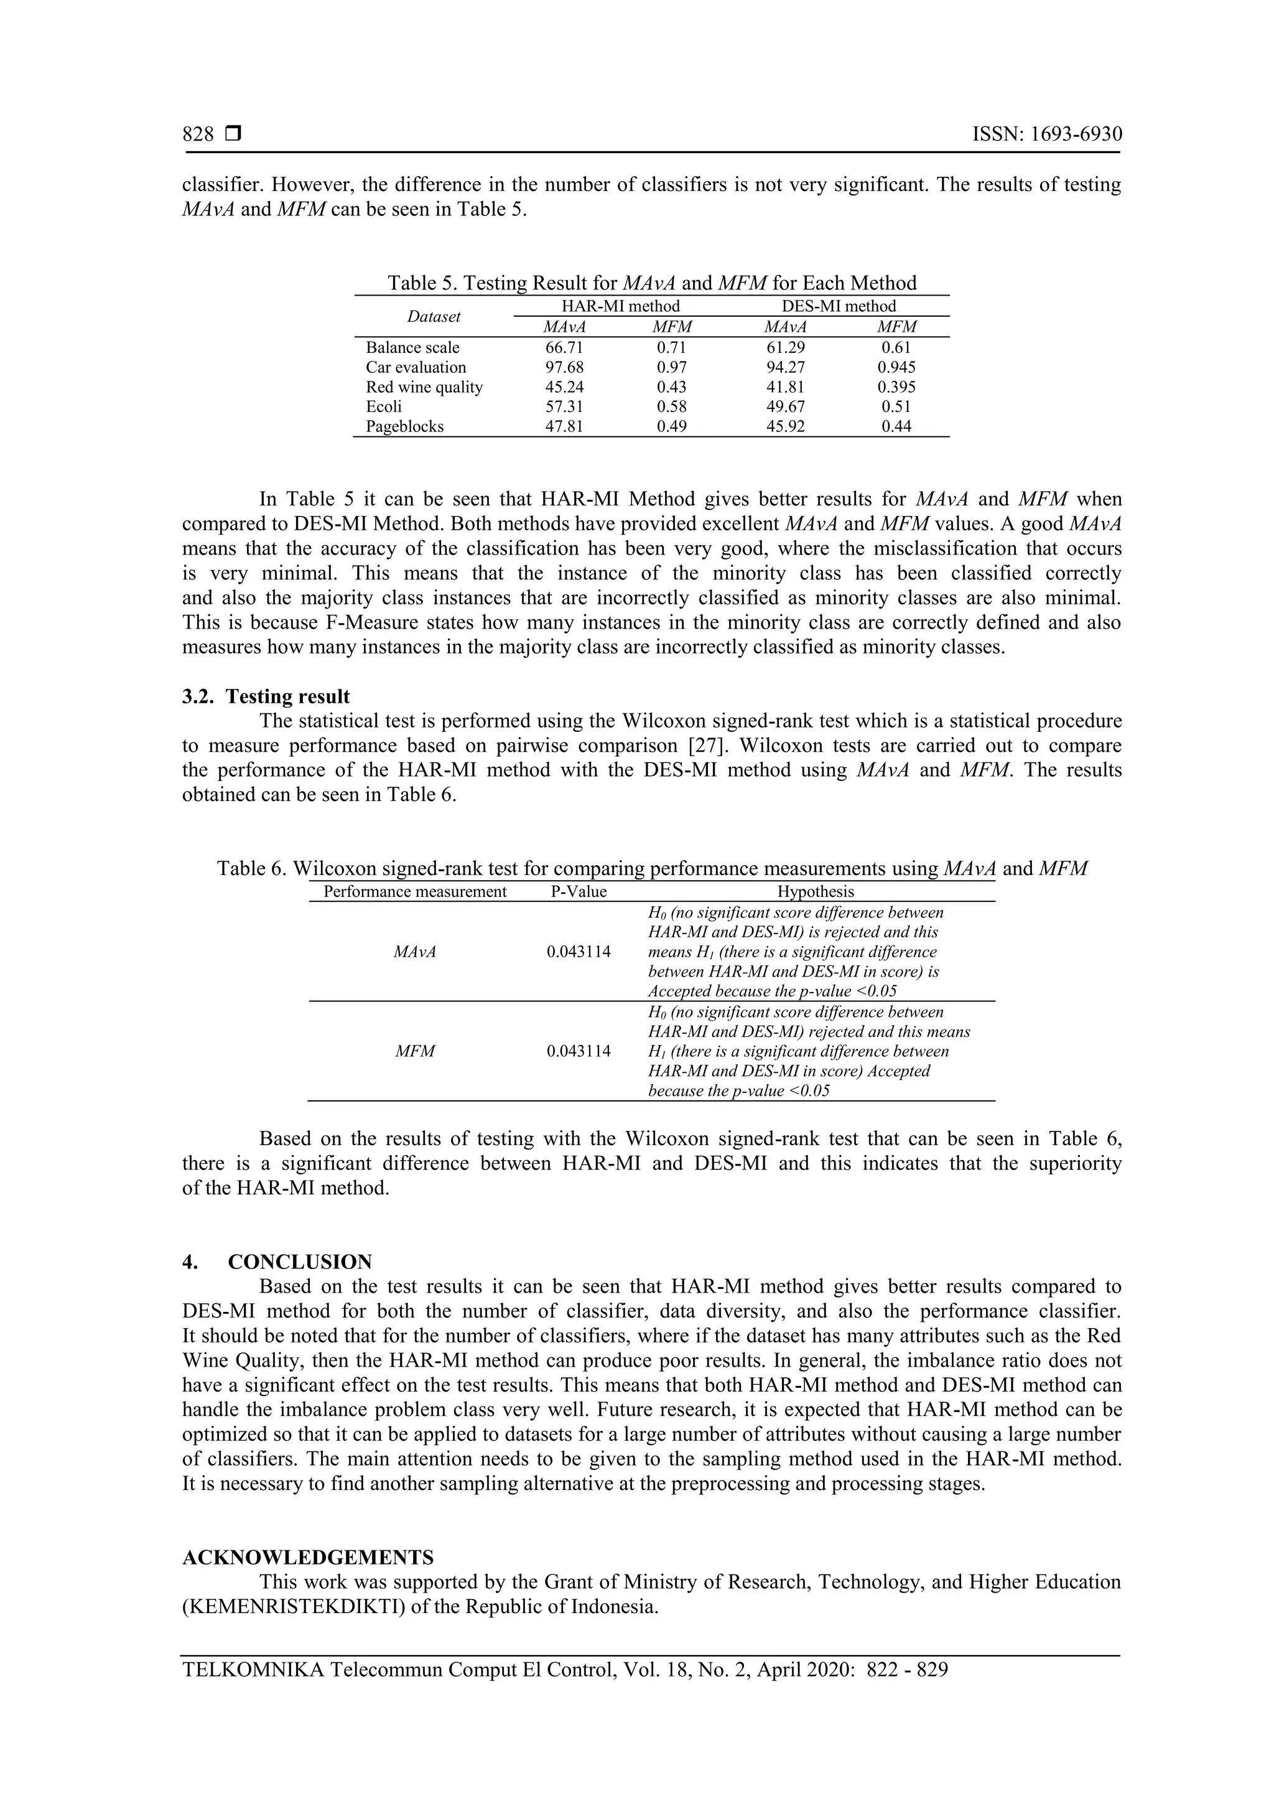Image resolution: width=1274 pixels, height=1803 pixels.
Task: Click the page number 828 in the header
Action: [x=198, y=134]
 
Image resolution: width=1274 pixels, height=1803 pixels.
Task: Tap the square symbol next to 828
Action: [x=233, y=134]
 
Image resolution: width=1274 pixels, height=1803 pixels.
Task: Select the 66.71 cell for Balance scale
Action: [x=564, y=347]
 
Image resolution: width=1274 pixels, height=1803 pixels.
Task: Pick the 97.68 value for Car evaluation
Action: [x=564, y=367]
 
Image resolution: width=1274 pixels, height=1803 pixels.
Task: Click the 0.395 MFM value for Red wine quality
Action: [x=896, y=387]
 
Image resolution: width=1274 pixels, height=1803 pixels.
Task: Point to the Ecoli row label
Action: [x=384, y=407]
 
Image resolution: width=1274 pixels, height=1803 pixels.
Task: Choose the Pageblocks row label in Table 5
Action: [x=404, y=426]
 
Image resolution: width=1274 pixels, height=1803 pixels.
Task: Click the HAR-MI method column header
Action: [x=620, y=306]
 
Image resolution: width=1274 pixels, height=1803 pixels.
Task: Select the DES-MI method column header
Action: [x=839, y=306]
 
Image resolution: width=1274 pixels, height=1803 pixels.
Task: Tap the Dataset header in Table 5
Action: [x=434, y=316]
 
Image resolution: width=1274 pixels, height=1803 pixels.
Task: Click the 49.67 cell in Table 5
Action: [x=785, y=407]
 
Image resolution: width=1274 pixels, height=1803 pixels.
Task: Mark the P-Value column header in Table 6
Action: [x=579, y=891]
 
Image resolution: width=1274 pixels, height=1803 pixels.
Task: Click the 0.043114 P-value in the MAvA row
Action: [x=579, y=952]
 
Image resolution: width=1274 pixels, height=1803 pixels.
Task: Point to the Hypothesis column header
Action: [x=816, y=891]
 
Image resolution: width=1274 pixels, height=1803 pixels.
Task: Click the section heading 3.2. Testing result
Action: [x=266, y=696]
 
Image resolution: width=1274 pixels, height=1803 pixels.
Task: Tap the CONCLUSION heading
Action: [x=300, y=1262]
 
